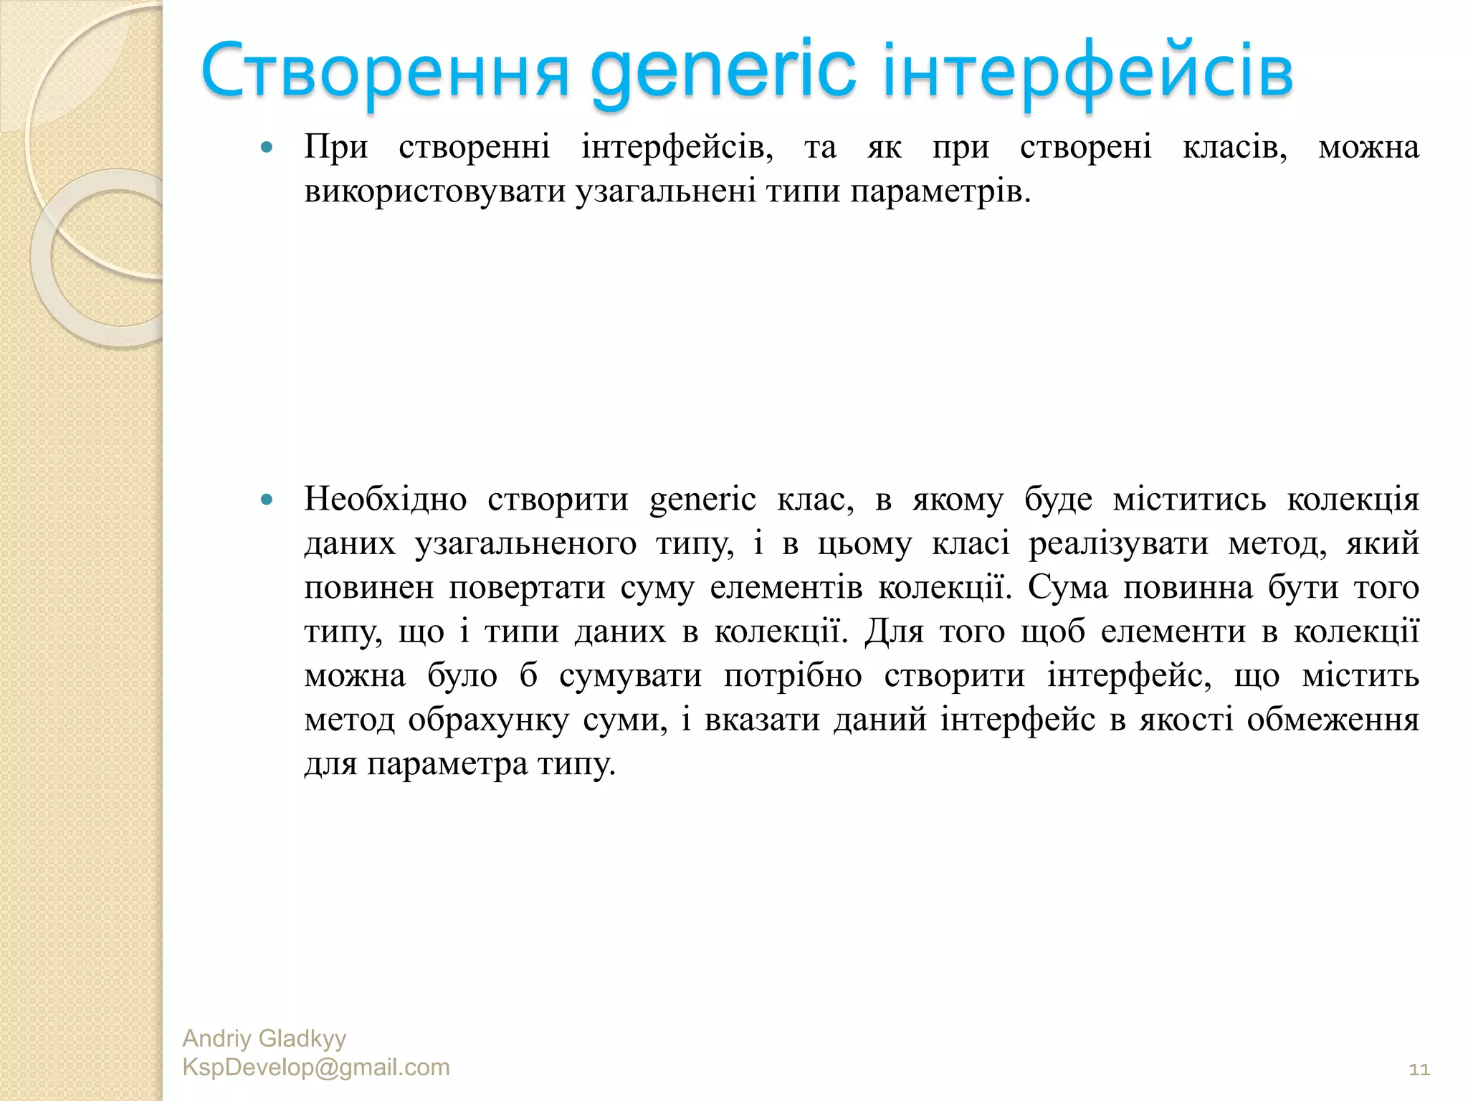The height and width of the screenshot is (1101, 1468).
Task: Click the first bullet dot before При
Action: pos(267,148)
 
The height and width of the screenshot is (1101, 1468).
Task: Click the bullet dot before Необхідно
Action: pos(267,500)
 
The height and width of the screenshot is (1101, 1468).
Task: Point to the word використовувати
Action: pos(435,191)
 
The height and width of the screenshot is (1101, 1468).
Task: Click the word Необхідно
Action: pos(385,499)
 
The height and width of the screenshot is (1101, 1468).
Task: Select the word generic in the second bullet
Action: pos(702,499)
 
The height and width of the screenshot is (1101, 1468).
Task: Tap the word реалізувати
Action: pos(1118,543)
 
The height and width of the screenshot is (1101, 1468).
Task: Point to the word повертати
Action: pos(527,588)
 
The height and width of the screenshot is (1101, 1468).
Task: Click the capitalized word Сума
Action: pos(1067,588)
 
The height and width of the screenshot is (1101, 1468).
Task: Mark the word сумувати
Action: pos(630,676)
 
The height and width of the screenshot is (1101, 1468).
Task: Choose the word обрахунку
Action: pos(488,720)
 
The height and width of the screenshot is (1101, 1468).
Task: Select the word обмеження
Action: pos(1333,720)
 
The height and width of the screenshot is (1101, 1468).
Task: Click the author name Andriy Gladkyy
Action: pos(264,1039)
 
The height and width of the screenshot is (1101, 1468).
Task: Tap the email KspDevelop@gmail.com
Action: pos(316,1067)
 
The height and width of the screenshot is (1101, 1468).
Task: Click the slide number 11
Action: pos(1419,1069)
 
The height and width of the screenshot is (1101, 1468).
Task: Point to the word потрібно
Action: pos(792,676)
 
